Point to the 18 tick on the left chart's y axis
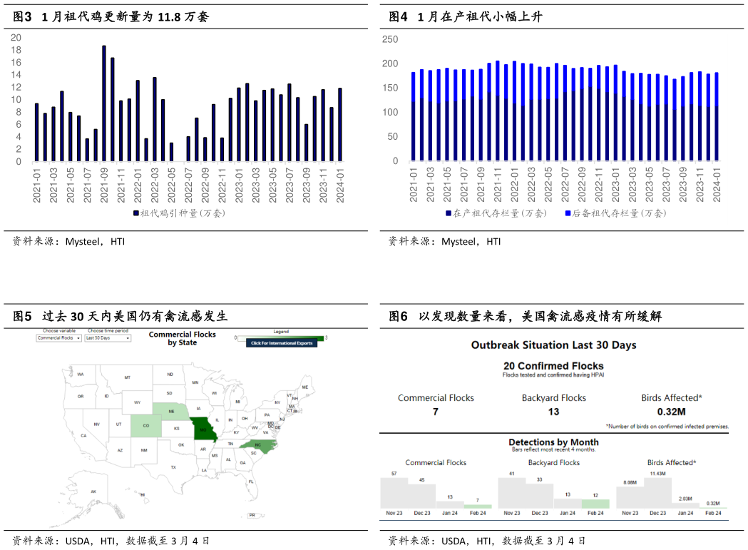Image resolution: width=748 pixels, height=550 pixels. [16, 50]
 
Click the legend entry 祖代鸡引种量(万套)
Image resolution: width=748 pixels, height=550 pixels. [178, 213]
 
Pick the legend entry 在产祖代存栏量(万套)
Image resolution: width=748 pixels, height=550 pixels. [496, 213]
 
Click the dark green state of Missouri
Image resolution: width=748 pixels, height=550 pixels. [204, 429]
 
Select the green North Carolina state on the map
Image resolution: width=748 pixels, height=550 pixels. [257, 445]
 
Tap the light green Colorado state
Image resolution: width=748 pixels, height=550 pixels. [145, 426]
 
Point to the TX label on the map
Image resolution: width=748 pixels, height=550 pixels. [173, 467]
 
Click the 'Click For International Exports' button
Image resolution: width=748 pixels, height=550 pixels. [282, 343]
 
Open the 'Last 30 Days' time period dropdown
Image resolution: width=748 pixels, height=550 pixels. [108, 338]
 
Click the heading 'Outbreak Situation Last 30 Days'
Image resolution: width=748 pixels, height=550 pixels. [553, 345]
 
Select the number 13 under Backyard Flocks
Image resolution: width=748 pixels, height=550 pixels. [553, 412]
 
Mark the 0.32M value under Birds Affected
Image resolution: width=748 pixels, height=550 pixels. [671, 412]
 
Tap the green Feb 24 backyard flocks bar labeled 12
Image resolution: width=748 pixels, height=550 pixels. [595, 503]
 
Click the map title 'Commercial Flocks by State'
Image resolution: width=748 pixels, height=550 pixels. [182, 338]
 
